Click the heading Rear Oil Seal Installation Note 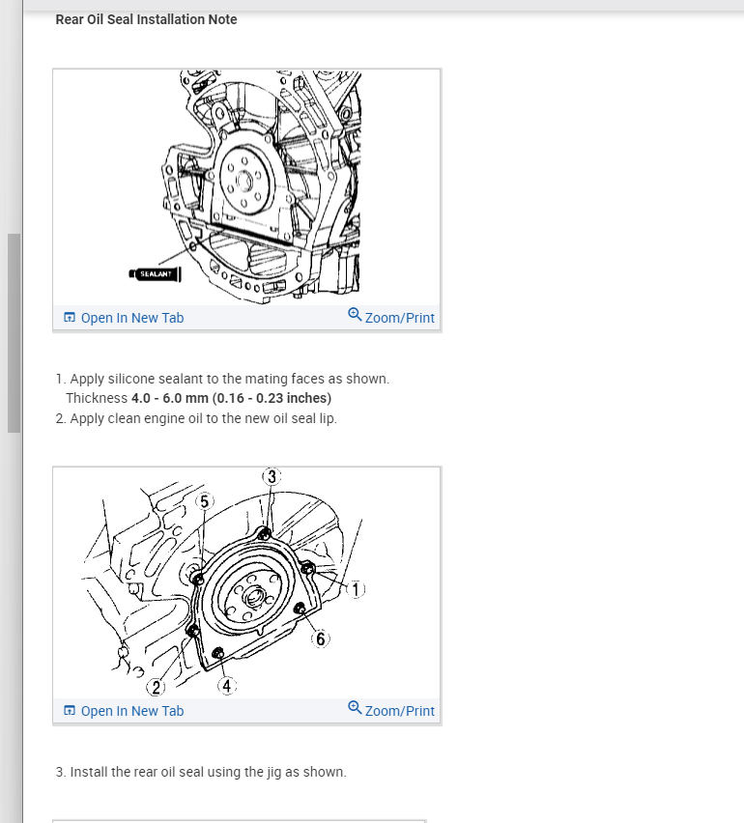pos(146,19)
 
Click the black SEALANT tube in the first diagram pos(155,274)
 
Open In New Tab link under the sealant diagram pos(124,318)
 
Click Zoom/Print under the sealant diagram pos(391,317)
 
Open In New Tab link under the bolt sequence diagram pos(124,711)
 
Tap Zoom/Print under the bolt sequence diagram pos(391,710)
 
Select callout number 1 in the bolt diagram pos(356,590)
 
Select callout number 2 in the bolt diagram pos(156,687)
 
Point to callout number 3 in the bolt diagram pos(272,476)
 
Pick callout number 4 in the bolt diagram pos(227,686)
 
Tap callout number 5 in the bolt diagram pos(204,501)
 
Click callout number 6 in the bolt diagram pos(320,639)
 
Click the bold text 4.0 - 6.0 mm pos(170,398)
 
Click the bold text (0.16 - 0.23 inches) pos(272,398)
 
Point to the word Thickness pos(97,398)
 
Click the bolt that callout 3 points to pos(264,534)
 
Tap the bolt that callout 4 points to pos(217,653)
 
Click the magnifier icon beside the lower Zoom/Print pos(355,707)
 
